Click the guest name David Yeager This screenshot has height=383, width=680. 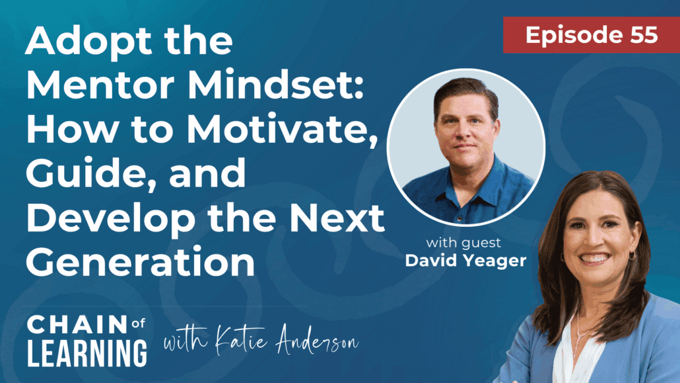(465, 260)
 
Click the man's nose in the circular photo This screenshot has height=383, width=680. (465, 134)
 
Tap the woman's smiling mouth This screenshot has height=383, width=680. (595, 257)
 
